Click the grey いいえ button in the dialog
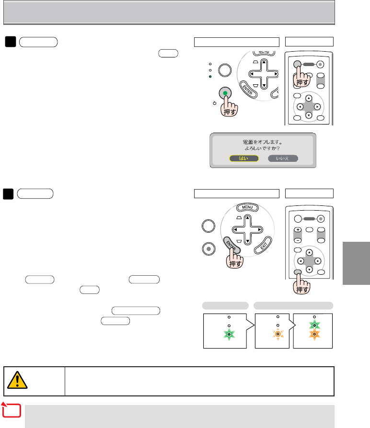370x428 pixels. pos(283,158)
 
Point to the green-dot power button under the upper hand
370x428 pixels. pos(225,92)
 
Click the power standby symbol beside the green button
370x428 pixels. pos(214,103)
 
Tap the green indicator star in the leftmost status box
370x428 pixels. pos(230,333)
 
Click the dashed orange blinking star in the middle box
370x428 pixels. pos(277,334)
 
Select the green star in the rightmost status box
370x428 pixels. pos(314,326)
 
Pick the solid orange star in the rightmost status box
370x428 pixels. pos(314,334)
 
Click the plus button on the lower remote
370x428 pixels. pos(297,230)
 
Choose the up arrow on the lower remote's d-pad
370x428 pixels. pos(309,252)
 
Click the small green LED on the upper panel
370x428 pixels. pos(210,77)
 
